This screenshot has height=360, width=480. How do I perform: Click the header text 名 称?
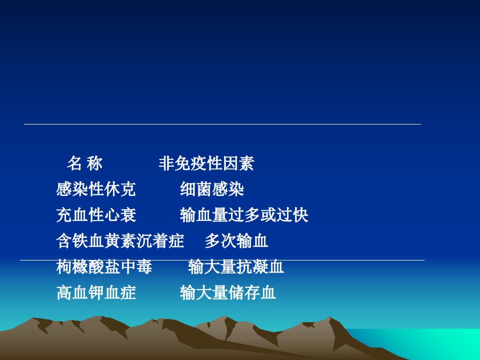point(85,163)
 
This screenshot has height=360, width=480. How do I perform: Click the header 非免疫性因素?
point(206,163)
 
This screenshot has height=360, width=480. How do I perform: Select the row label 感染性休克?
point(96,189)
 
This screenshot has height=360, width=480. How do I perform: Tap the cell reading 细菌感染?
point(212,189)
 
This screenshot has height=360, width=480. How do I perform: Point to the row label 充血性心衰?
point(96,214)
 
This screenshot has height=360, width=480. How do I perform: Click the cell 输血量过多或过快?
point(244,214)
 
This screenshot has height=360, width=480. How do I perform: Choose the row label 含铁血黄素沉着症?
point(120,240)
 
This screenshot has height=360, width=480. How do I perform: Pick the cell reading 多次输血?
point(236,240)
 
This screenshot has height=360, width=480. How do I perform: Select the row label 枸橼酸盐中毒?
point(104,266)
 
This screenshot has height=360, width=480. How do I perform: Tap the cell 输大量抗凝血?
point(235,266)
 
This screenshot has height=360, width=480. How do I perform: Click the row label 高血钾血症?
point(96,292)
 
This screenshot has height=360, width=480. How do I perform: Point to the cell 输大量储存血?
point(228,292)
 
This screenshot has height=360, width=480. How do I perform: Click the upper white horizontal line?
point(222,124)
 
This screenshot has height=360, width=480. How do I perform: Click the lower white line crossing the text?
point(222,260)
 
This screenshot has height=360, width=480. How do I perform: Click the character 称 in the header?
point(94,163)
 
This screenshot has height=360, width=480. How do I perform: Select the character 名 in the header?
point(74,163)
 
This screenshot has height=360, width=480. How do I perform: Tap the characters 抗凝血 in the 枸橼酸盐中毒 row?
point(260,266)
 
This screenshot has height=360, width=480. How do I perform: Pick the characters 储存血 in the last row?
point(252,292)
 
